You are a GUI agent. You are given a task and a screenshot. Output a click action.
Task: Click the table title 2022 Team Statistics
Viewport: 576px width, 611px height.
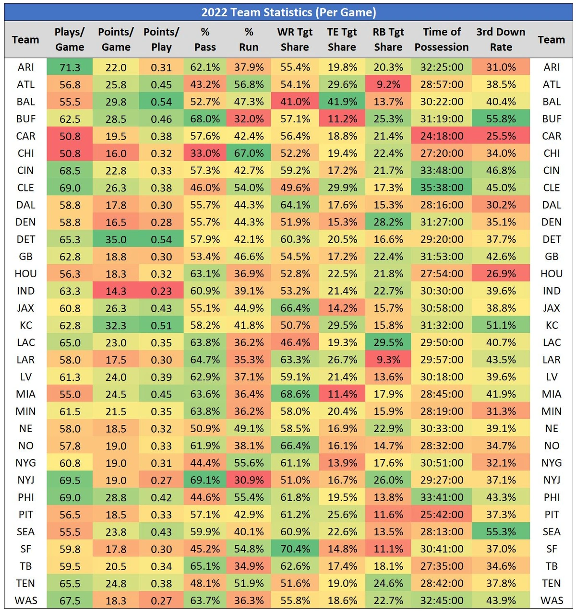pos(288,12)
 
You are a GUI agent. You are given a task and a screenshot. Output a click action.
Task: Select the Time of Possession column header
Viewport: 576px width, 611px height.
pos(442,39)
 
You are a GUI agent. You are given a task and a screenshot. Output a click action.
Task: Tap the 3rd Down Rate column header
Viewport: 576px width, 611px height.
pos(501,39)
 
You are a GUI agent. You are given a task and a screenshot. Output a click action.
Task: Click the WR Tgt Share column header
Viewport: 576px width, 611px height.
pos(295,39)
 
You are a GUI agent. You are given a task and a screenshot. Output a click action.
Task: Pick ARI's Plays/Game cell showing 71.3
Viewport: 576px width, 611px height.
pos(70,67)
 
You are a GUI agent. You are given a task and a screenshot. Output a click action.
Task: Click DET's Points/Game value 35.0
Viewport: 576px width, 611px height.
pos(116,239)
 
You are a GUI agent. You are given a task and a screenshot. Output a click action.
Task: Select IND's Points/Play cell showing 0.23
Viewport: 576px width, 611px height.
pos(161,291)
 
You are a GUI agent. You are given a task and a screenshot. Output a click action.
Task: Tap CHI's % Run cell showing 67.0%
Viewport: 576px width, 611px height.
pos(249,153)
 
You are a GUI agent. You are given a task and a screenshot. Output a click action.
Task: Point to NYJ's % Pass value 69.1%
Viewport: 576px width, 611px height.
pos(205,480)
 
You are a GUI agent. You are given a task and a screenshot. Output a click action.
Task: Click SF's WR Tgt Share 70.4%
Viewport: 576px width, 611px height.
pos(295,549)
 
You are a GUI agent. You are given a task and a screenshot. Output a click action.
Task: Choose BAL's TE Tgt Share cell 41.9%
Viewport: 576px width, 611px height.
pos(342,102)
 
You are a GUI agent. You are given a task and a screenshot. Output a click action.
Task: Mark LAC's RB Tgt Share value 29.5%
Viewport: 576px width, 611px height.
pos(388,342)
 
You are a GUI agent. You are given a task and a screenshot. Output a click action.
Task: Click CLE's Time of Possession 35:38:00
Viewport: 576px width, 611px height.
pos(442,188)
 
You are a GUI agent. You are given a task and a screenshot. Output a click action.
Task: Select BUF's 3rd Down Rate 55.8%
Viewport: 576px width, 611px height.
pos(501,119)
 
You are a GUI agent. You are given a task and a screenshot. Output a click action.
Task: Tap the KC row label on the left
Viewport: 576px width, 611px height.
pos(26,325)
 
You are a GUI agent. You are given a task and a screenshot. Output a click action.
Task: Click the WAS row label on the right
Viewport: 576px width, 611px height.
pos(552,600)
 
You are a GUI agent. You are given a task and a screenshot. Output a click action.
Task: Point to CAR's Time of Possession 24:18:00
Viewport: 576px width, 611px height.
pos(442,136)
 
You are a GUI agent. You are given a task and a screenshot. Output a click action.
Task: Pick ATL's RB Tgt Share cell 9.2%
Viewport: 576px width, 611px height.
pos(388,84)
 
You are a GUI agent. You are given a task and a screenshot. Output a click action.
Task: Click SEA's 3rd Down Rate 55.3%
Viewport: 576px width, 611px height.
pos(501,532)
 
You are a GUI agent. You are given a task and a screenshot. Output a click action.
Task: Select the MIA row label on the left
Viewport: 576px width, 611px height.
pos(26,394)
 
